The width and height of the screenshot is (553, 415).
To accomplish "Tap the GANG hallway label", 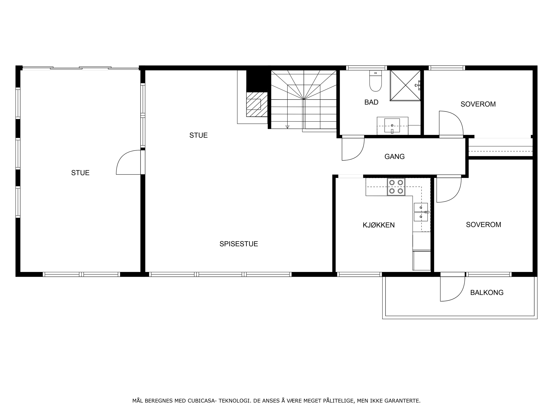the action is click(394, 157).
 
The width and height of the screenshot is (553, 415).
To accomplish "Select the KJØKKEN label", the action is click(378, 225).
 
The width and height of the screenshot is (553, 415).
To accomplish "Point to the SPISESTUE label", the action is click(239, 244).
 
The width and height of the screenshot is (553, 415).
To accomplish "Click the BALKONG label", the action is click(487, 292).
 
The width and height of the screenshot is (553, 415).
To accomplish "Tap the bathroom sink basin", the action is click(392, 125).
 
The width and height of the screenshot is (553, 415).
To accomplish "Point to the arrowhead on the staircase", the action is click(287, 127).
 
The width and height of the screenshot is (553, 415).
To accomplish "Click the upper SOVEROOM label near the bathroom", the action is click(478, 104).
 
